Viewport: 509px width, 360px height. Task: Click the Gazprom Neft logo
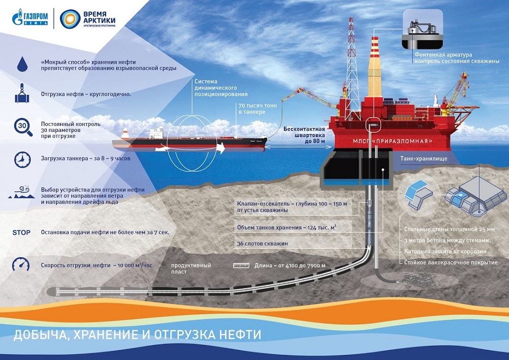click(x=31, y=19)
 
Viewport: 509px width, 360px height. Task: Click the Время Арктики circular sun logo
click(x=70, y=19)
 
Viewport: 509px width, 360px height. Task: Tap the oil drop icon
click(x=21, y=63)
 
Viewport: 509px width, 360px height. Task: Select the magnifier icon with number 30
click(x=21, y=126)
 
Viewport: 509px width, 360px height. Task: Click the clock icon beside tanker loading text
click(x=21, y=159)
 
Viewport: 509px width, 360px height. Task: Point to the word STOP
click(x=21, y=232)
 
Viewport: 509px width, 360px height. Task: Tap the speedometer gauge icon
click(x=21, y=265)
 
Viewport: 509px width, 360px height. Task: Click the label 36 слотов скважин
click(x=263, y=244)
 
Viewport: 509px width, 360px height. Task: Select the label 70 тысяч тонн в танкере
click(x=252, y=108)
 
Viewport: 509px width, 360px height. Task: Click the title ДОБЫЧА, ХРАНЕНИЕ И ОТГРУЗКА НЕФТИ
click(x=137, y=335)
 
